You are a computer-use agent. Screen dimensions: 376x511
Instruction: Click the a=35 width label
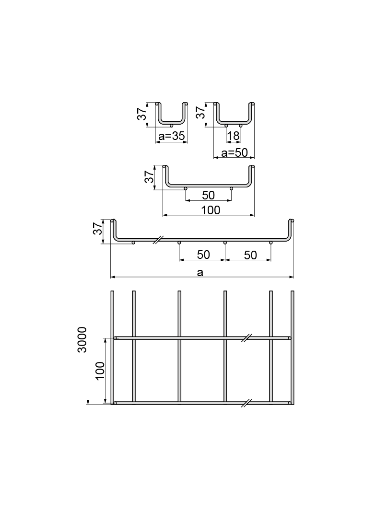point(172,136)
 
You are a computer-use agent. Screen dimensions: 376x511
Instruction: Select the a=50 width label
point(235,152)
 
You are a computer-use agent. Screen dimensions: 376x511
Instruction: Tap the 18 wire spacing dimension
point(233,136)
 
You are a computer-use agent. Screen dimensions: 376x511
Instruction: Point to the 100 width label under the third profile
point(211,210)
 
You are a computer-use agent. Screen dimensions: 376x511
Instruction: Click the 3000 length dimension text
point(82,339)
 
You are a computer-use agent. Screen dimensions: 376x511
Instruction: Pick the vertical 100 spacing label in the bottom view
point(100,371)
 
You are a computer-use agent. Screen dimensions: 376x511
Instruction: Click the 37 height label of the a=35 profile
point(142,114)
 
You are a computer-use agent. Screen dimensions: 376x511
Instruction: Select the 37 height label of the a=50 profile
point(200,113)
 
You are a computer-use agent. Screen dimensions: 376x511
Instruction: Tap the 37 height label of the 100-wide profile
point(149,176)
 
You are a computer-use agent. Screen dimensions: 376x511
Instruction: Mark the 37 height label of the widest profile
point(97,229)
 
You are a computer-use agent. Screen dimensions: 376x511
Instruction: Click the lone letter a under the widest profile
point(200,272)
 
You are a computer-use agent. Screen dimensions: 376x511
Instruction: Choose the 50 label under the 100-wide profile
point(208,195)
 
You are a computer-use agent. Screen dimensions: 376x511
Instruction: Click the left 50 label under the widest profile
point(203,255)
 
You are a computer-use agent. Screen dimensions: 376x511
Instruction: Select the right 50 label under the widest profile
point(250,255)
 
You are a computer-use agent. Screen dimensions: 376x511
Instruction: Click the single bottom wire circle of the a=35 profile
point(172,126)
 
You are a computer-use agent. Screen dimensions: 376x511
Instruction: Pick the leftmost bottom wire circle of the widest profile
point(133,243)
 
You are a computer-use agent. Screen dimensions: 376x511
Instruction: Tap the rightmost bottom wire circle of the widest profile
point(270,243)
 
